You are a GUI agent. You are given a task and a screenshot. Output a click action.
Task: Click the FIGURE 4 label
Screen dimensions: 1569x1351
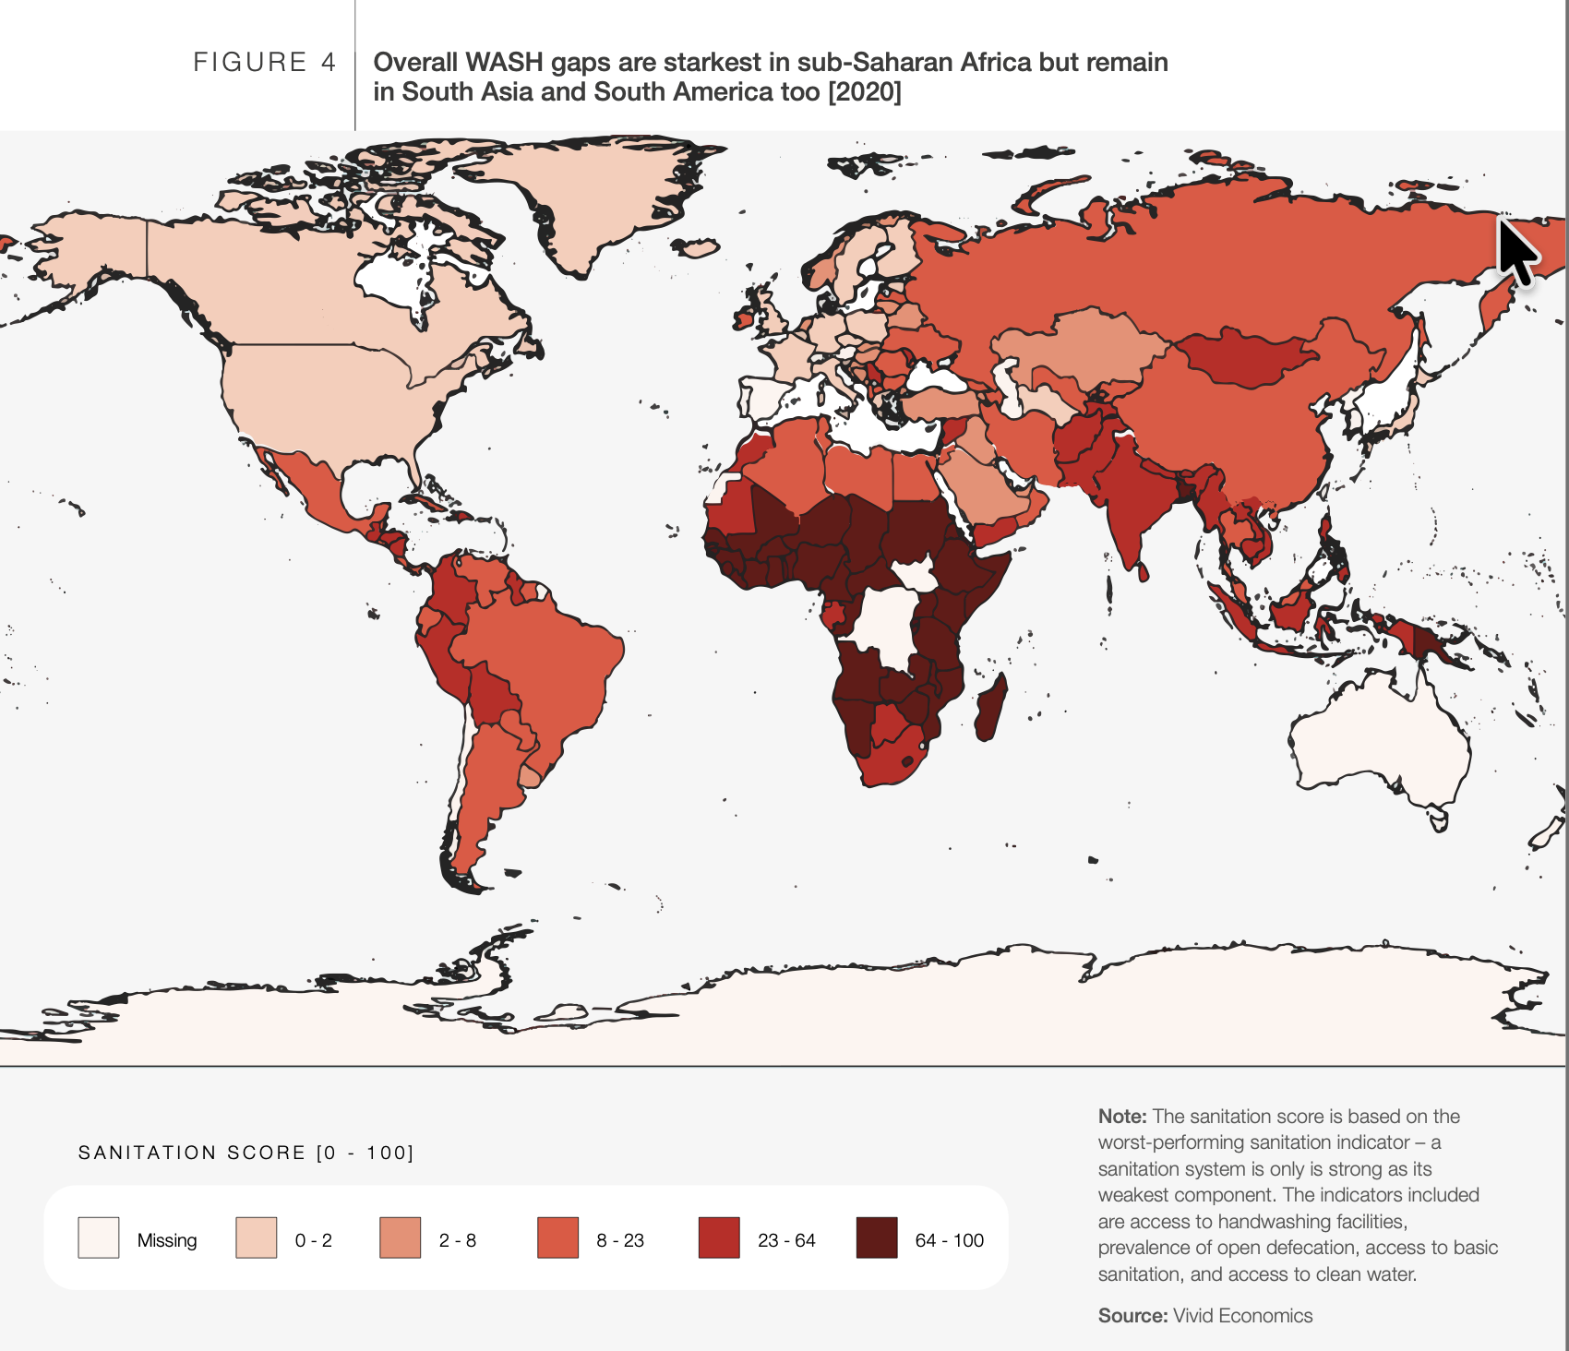click(265, 62)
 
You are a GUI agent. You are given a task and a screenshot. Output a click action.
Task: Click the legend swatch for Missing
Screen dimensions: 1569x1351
click(99, 1237)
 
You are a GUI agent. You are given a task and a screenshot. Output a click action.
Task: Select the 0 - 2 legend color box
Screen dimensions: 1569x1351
click(257, 1237)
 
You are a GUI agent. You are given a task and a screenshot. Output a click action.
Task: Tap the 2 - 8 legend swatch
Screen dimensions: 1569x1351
click(401, 1237)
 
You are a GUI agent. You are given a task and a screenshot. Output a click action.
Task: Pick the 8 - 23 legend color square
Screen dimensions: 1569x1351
click(558, 1237)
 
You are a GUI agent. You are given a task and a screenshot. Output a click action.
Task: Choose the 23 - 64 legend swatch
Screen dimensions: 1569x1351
click(719, 1237)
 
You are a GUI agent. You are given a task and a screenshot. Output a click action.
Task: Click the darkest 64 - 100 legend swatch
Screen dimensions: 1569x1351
click(877, 1237)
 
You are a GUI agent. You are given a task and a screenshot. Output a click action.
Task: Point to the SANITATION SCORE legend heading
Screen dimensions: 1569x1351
click(246, 1153)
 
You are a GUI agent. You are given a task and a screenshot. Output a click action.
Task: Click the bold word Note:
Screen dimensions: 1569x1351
click(1122, 1116)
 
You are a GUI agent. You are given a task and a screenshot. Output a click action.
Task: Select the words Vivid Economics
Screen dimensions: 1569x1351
click(1242, 1315)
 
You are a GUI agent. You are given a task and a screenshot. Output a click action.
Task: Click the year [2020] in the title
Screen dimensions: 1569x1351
click(864, 91)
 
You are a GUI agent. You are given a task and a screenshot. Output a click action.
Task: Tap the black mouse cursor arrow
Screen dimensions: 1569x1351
click(1516, 252)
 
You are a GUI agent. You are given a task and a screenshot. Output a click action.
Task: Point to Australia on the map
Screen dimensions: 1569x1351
click(1375, 738)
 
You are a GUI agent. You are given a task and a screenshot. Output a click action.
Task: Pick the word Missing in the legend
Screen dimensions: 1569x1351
click(167, 1239)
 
